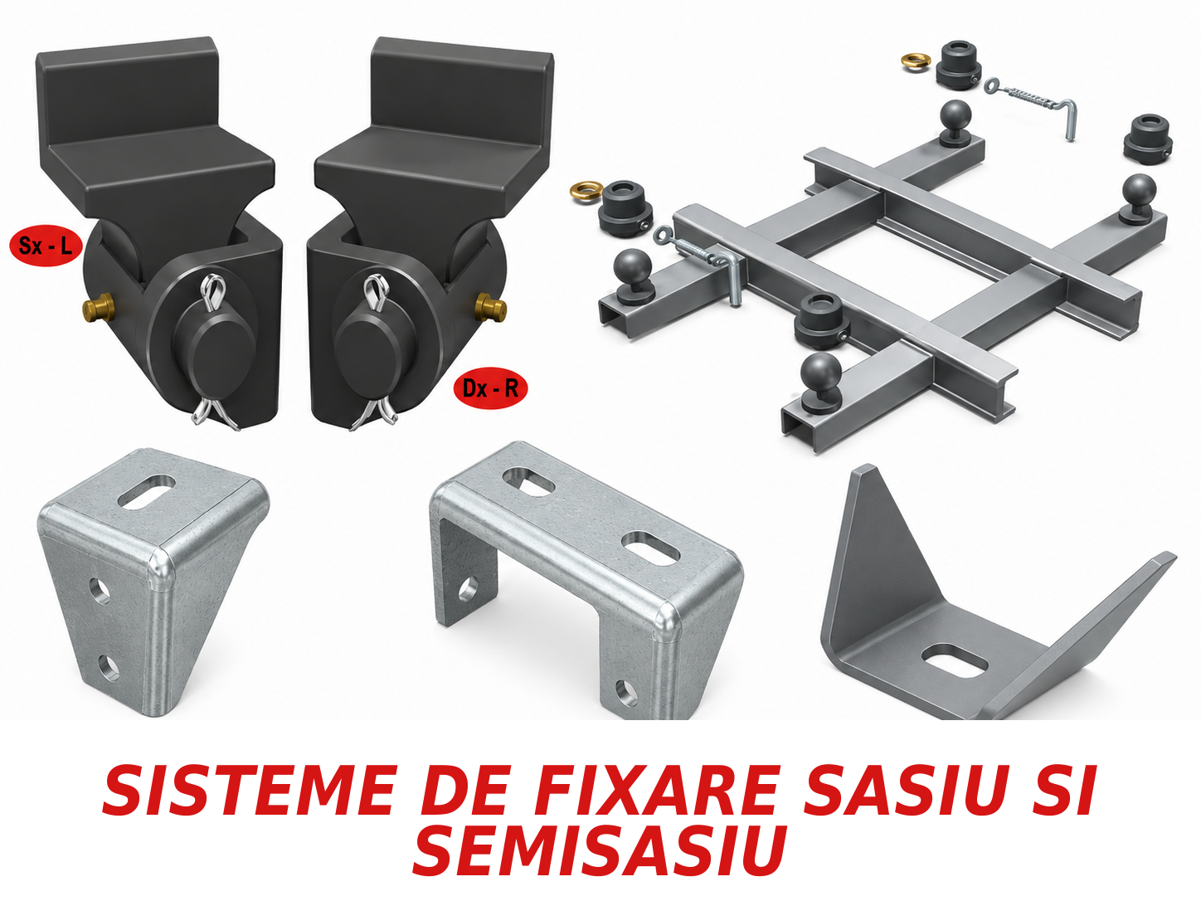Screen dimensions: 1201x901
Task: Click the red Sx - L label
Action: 46,246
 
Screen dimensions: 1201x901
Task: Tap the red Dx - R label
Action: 490,387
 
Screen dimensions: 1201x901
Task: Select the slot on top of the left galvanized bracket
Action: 147,491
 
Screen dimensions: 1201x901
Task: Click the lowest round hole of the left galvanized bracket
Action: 108,667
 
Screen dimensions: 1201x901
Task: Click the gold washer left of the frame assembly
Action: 585,192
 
